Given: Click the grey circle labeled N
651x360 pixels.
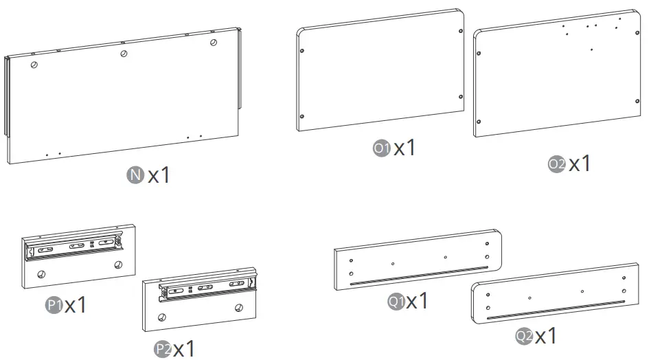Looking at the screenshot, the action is click(135, 175).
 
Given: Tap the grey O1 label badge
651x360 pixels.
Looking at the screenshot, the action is click(382, 148).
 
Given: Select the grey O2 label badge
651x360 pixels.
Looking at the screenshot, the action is click(556, 164).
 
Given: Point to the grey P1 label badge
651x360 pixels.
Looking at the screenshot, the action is click(54, 305).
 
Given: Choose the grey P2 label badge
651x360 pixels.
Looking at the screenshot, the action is click(163, 349).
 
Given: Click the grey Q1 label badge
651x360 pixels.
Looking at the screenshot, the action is click(396, 301).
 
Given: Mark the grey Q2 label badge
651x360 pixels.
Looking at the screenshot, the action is click(524, 335).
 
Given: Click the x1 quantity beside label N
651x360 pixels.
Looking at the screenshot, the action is click(159, 175).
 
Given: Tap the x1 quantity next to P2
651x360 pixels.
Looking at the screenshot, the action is click(184, 349).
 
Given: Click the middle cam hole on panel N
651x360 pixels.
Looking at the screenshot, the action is click(124, 54).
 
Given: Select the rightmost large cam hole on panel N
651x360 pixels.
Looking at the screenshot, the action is click(214, 42).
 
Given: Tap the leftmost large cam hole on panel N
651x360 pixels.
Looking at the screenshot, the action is click(34, 65).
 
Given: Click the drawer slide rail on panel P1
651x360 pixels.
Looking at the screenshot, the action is click(74, 247).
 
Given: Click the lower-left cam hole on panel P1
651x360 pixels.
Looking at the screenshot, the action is click(41, 274).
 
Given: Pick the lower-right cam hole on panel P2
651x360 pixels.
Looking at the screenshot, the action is click(239, 308).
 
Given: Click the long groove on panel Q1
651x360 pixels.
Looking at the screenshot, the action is click(419, 275).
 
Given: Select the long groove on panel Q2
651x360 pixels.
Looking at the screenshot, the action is click(556, 310).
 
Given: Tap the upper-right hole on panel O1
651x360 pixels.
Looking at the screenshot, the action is click(460, 31).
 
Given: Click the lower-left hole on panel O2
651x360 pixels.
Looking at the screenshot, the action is click(479, 122).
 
